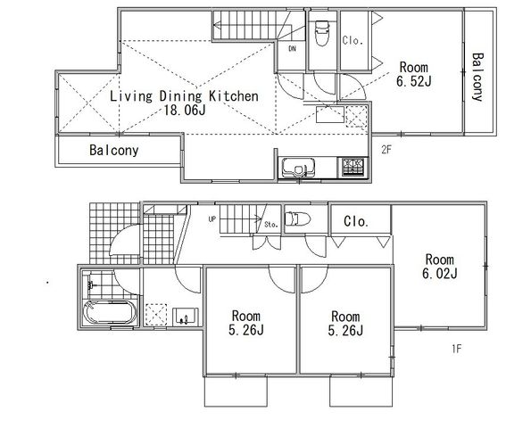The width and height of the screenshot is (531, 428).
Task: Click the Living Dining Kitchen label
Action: point(184,96)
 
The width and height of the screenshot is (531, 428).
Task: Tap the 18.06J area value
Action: point(185,111)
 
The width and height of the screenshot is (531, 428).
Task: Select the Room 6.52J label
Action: point(414,74)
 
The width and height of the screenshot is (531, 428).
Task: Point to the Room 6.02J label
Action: point(440,267)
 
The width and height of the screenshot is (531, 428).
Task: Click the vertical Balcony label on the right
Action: point(477,77)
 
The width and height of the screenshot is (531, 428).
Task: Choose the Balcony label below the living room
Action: point(114,150)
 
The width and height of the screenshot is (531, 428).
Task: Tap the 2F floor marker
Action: point(386,150)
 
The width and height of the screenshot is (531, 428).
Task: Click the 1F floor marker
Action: point(457,349)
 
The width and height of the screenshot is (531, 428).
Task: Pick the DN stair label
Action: point(292,49)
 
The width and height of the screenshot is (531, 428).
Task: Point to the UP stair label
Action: point(212,219)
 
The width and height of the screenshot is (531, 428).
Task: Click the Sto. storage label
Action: point(271,224)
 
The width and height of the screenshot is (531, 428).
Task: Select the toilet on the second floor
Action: point(322,33)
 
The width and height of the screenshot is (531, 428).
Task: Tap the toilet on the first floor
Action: point(298,218)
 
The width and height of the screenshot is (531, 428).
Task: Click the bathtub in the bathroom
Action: point(110,312)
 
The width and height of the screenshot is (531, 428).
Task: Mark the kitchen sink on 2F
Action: point(298,167)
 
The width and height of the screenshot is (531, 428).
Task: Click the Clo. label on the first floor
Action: point(356,222)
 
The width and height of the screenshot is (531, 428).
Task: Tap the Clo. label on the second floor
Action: point(353,41)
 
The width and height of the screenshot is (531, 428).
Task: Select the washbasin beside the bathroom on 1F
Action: point(186,317)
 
